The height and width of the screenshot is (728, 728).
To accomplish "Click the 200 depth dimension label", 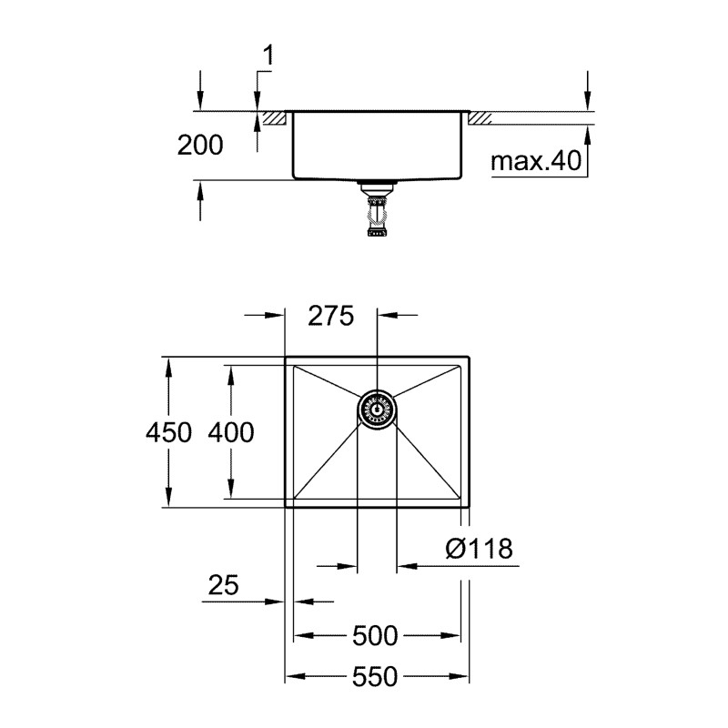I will [x=201, y=144].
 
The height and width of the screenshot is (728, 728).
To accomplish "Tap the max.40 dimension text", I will [x=535, y=162].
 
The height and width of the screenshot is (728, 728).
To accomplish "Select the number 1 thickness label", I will [x=267, y=56].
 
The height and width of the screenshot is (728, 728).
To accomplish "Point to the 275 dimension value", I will [x=329, y=316].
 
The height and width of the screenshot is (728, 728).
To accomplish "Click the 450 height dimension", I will [x=168, y=432].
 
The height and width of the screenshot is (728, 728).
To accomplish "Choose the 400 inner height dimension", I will [x=230, y=432].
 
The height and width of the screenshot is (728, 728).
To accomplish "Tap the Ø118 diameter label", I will [x=480, y=549].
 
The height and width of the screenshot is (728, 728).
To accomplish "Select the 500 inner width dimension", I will [x=376, y=635].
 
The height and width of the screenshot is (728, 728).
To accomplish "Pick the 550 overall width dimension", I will [x=376, y=677].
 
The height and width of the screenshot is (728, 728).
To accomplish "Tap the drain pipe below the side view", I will [x=375, y=214].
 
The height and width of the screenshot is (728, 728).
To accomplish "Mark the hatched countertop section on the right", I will [x=480, y=118].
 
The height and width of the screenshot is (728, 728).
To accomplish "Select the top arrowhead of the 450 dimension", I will [x=168, y=364].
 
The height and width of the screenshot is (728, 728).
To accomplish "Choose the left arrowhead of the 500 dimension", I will [x=301, y=635].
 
